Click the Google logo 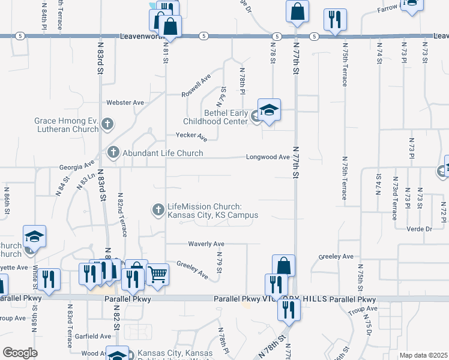(20, 353)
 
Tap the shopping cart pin (157, 274)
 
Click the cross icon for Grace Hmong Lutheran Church (107, 125)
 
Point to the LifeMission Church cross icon (158, 210)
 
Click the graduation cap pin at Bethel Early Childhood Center (270, 110)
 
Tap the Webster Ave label (125, 103)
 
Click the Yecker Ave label (191, 137)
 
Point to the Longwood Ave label (268, 157)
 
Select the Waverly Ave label (206, 244)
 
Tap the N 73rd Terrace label (394, 193)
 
